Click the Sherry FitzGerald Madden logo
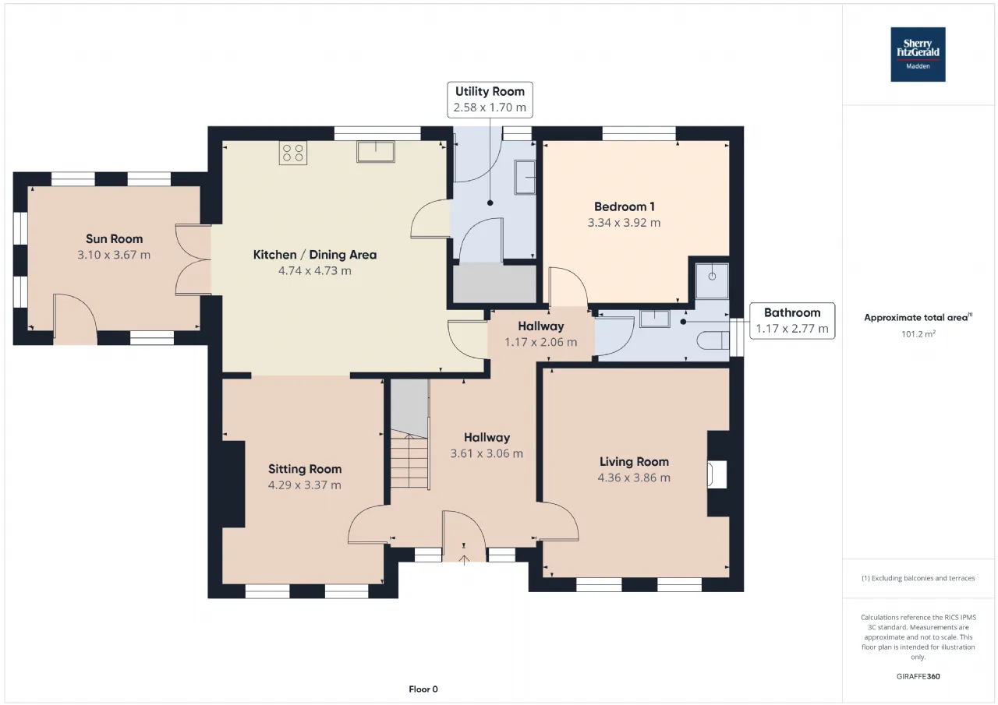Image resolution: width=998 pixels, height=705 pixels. tap(918, 55)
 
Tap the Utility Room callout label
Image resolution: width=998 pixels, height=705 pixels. tap(490, 100)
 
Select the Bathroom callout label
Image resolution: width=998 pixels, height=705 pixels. tap(792, 321)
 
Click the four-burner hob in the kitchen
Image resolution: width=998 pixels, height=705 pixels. tap(292, 153)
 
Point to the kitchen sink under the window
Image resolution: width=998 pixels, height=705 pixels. tap(376, 151)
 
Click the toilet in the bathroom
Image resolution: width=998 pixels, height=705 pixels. tap(713, 340)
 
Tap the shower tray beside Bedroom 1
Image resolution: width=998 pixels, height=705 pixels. tap(712, 281)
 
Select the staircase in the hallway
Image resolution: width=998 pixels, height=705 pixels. tap(410, 434)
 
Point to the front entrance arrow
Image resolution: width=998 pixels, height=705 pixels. tap(464, 560)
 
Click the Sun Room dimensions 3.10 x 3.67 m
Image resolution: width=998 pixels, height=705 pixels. tap(114, 255)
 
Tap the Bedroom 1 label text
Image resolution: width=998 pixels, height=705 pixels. tap(625, 206)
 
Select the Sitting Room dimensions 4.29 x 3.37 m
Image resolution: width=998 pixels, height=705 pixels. tap(305, 485)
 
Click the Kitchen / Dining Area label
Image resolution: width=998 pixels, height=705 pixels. tap(315, 255)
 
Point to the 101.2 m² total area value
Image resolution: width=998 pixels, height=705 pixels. tap(918, 334)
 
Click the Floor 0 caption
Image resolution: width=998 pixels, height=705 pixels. tap(423, 689)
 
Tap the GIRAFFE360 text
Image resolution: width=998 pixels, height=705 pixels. tap(918, 676)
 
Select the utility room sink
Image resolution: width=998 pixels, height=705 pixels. tap(525, 178)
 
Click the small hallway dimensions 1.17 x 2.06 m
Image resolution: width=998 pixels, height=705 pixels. tap(540, 342)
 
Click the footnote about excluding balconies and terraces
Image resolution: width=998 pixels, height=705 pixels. tap(918, 578)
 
